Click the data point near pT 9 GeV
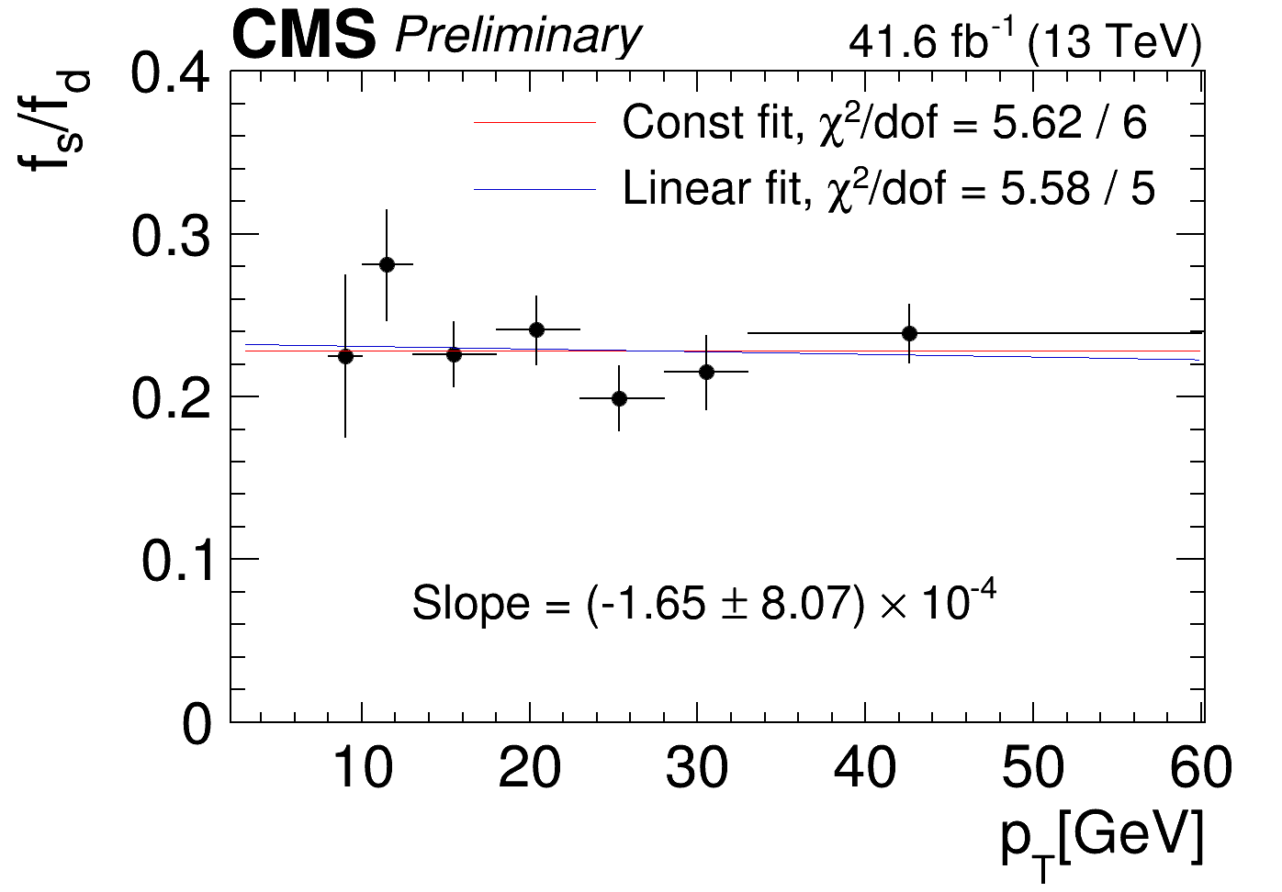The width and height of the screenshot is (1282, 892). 345,356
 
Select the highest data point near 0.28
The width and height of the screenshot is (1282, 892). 387,264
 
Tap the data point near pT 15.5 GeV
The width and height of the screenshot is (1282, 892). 454,354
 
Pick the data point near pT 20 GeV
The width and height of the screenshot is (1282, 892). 536,329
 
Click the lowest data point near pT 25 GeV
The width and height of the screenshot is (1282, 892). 619,398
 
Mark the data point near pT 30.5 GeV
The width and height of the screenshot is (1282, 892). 706,372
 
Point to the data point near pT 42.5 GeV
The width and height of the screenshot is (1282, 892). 909,333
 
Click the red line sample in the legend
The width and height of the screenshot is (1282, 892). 535,123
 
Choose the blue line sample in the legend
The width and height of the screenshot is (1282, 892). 535,189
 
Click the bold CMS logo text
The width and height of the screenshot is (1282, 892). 304,37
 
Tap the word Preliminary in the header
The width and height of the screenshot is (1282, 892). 517,37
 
